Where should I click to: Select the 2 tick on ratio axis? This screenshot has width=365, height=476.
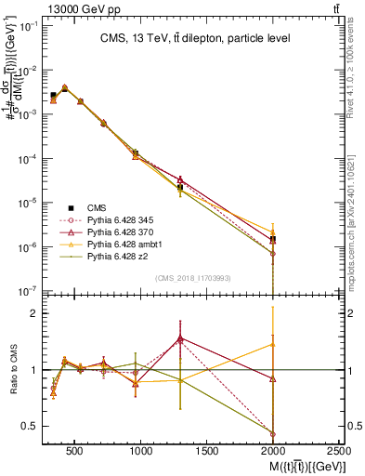(34, 313)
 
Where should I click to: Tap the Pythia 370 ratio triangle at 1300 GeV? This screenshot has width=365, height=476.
(180, 338)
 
